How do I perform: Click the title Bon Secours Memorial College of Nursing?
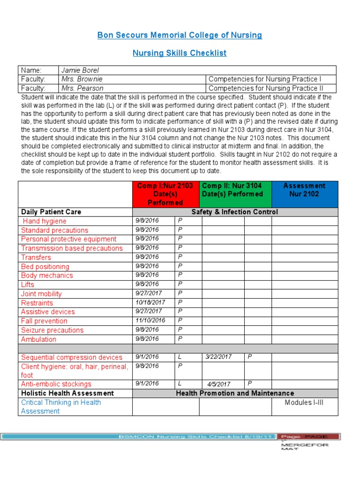point(180,35)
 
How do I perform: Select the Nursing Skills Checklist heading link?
point(180,53)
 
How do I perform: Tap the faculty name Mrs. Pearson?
point(82,88)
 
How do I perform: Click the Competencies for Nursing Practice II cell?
point(272,88)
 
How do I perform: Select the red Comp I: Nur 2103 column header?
point(165,194)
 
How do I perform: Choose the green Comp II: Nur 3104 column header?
point(232,190)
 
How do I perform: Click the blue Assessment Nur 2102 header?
point(304,190)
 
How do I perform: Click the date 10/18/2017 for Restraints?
point(150,303)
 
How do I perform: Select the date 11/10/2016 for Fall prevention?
point(150,321)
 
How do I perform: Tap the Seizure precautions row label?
point(52,330)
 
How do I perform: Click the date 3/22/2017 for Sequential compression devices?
point(219,357)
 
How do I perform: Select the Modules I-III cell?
point(304,403)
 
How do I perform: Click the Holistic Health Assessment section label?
point(67,393)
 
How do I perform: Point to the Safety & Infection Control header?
point(234,212)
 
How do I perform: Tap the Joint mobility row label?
point(41,294)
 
